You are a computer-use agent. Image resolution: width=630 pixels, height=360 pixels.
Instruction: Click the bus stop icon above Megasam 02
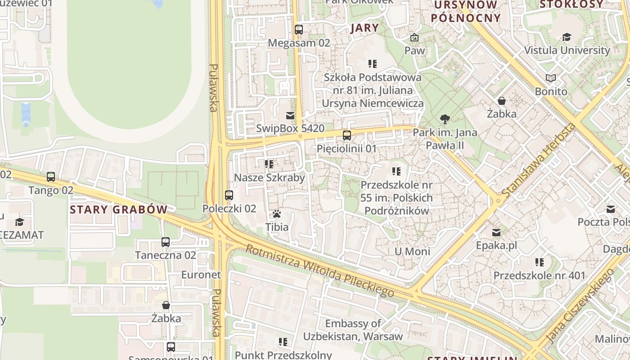pyautogui.click(x=299, y=30)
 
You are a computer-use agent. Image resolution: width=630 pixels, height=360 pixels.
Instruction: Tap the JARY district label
pyautogui.click(x=364, y=28)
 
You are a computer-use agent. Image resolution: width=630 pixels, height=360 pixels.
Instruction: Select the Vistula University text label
pyautogui.click(x=567, y=50)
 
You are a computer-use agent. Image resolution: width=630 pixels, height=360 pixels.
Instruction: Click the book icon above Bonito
pyautogui.click(x=551, y=78)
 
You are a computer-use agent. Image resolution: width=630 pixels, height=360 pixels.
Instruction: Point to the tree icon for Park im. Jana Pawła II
pyautogui.click(x=445, y=119)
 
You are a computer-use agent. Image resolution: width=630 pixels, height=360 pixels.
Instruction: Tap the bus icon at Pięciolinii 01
pyautogui.click(x=346, y=135)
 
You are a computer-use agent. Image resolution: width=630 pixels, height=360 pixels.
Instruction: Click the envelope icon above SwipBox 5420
pyautogui.click(x=290, y=115)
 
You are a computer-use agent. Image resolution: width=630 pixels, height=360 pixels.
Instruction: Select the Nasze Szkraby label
pyautogui.click(x=270, y=178)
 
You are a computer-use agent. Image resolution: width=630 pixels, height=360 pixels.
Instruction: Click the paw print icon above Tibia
pyautogui.click(x=277, y=214)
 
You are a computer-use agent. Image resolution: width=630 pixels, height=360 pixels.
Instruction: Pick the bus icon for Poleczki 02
pyautogui.click(x=229, y=195)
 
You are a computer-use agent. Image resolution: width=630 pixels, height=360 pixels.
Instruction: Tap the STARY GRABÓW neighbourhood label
pyautogui.click(x=119, y=210)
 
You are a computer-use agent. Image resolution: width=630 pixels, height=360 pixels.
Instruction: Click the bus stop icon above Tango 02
pyautogui.click(x=51, y=177)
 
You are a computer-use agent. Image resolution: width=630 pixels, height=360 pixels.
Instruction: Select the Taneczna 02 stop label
pyautogui.click(x=166, y=255)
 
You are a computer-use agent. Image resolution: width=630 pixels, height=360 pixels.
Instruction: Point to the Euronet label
pyautogui.click(x=201, y=274)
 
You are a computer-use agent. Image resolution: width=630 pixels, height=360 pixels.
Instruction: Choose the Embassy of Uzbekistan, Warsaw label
pyautogui.click(x=353, y=330)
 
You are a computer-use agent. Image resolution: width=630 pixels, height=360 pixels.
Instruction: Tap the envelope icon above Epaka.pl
pyautogui.click(x=496, y=233)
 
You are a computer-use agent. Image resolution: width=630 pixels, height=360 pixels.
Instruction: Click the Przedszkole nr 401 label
pyautogui.click(x=540, y=275)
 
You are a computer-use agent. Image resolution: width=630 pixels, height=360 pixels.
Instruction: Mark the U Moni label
pyautogui.click(x=412, y=252)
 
